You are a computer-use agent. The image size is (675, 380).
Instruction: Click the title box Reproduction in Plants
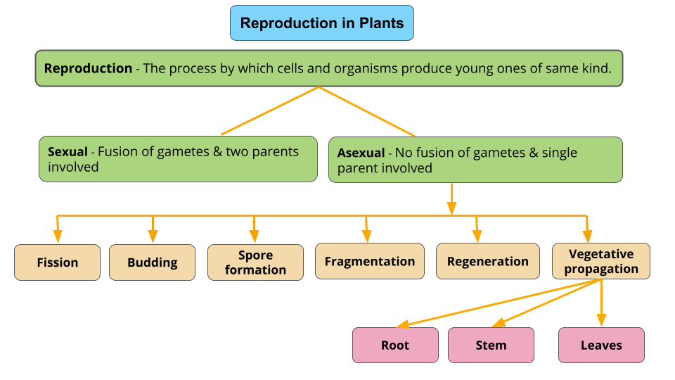pos(322,23)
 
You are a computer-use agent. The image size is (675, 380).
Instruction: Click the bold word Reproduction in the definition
pos(88,68)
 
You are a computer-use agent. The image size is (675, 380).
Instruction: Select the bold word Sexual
pos(67,151)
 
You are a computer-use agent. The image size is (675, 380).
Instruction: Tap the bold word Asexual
pos(361,153)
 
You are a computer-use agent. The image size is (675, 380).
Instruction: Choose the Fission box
pos(58,262)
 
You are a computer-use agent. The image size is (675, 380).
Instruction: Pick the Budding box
pos(152,262)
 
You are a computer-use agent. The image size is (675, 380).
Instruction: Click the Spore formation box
pos(255,262)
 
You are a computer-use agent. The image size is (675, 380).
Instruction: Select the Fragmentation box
pos(369,261)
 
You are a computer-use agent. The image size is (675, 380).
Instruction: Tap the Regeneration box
pos(487,261)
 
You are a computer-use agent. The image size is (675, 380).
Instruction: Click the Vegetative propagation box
pos(600,261)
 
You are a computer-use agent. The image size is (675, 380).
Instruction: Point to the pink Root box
pos(394,345)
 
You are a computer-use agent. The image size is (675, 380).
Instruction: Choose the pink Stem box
pos(491,345)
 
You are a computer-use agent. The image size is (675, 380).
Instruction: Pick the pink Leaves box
pos(601,345)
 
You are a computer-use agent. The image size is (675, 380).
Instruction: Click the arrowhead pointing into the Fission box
pos(58,238)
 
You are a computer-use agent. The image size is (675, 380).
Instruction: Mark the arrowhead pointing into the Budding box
pos(153,238)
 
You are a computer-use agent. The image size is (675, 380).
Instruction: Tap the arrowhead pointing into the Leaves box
pos(601,322)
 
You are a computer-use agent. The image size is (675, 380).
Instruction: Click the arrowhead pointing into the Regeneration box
pos(477,238)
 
